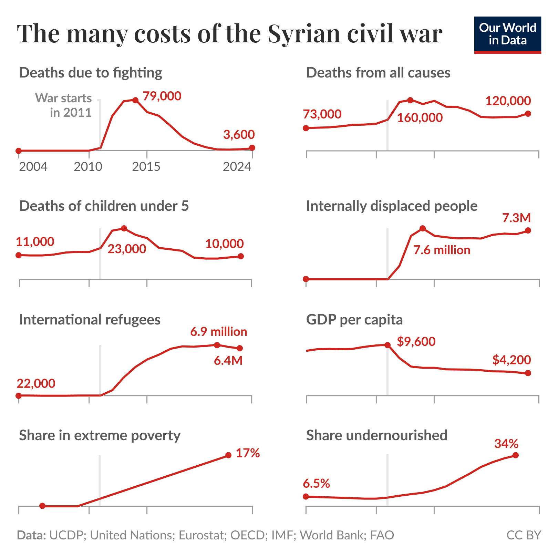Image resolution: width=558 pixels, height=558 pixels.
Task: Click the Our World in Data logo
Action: (x=507, y=35)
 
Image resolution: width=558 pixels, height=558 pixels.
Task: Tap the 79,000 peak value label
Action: (x=162, y=96)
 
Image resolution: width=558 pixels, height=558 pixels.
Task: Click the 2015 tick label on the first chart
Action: (x=146, y=167)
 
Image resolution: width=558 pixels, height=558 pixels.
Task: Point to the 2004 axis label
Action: (x=33, y=167)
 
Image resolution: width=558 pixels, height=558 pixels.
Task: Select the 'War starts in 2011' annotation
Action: (x=64, y=105)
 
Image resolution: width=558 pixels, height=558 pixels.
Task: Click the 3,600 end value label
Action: (x=239, y=135)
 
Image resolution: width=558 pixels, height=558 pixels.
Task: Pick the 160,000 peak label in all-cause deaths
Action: (x=420, y=118)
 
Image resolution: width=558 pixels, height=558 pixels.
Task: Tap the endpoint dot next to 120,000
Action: (x=528, y=114)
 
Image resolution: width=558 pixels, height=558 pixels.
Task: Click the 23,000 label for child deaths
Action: (x=127, y=249)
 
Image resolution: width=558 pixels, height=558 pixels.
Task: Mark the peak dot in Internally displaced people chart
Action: (x=423, y=228)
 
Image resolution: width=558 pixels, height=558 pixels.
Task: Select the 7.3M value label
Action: (x=516, y=218)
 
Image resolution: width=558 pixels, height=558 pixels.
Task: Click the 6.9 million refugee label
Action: (x=218, y=332)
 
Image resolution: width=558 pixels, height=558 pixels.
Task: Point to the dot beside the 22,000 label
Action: (x=19, y=396)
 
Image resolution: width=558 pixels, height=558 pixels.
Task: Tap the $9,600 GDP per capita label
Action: (x=416, y=342)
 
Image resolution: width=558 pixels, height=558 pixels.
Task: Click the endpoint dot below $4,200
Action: (x=528, y=373)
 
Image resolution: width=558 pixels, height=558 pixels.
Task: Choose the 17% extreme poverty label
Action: (x=248, y=453)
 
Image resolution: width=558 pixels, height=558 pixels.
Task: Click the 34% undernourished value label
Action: (x=506, y=444)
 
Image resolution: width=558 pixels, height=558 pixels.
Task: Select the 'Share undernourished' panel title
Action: (x=376, y=435)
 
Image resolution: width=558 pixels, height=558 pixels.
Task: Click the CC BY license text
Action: (x=524, y=535)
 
